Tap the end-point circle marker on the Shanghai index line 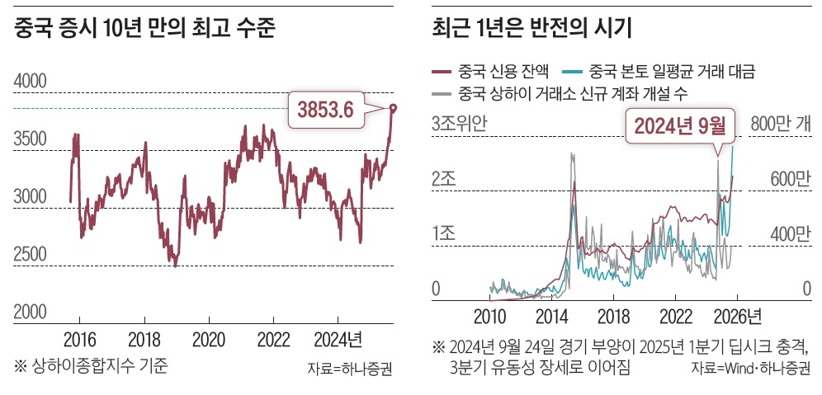coord(392,108)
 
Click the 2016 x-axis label coord(80,338)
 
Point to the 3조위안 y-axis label coord(460,124)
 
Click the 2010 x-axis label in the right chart coord(489,316)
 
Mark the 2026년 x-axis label coord(737,316)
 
